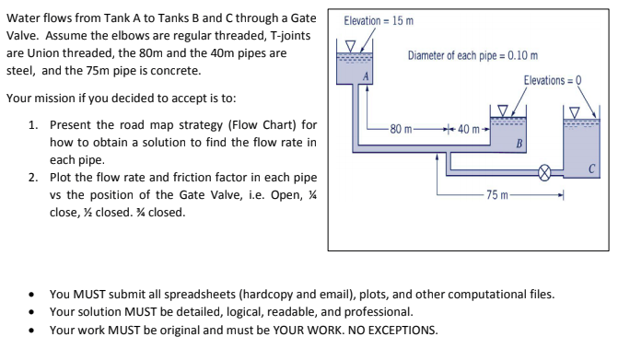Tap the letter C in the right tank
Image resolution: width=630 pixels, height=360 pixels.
(x=595, y=168)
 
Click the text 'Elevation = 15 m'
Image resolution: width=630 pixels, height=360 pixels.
(x=379, y=20)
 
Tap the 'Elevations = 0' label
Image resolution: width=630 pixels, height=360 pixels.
(x=559, y=82)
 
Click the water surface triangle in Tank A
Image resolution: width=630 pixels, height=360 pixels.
(x=349, y=46)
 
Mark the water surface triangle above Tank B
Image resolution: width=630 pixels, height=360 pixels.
(x=503, y=110)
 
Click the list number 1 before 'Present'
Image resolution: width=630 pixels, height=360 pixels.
(x=33, y=124)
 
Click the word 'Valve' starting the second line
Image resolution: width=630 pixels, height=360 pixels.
(x=22, y=36)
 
